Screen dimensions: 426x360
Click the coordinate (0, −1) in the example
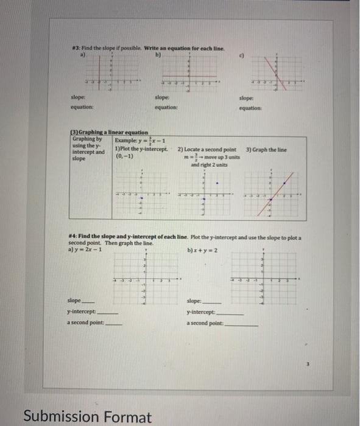(124, 155)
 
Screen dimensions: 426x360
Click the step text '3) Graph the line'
(266, 149)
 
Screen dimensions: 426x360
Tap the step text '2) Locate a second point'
(207, 149)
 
